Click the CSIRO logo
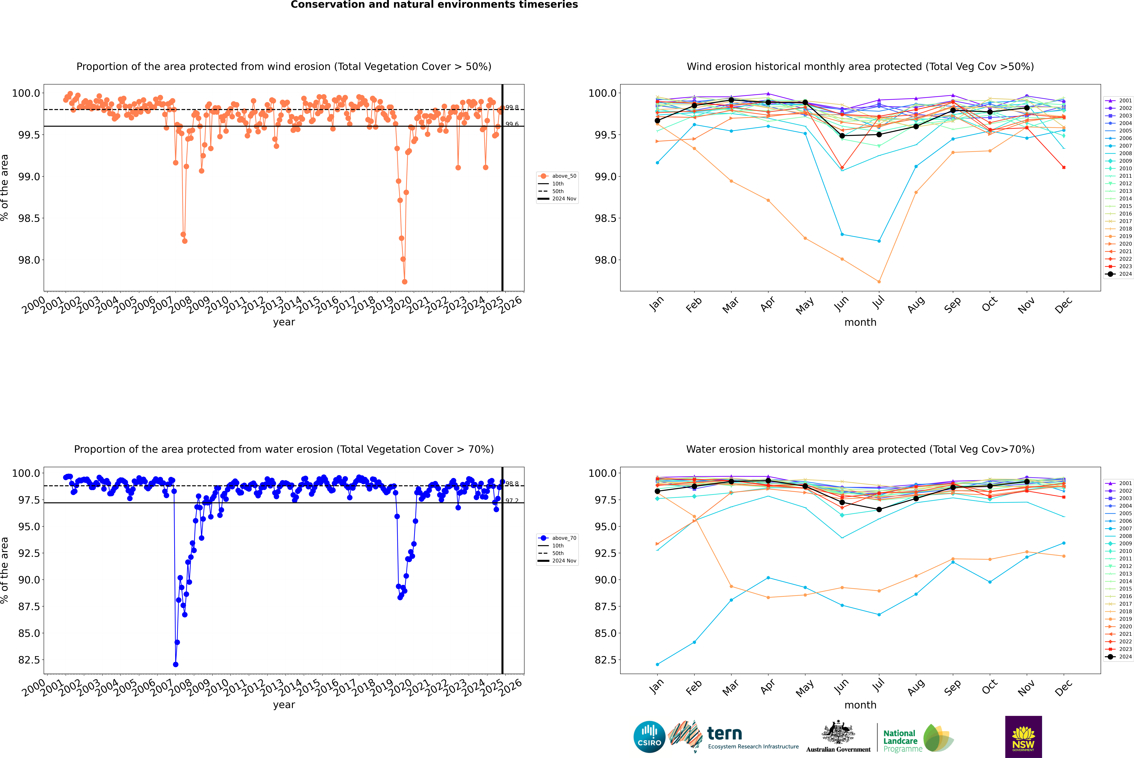tap(649, 737)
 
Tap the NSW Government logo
tap(1023, 737)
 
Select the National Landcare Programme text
tap(900, 741)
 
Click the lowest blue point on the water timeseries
tap(176, 664)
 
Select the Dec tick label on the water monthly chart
tap(1063, 686)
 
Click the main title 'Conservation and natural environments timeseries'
tap(434, 5)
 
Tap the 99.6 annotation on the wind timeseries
tap(512, 124)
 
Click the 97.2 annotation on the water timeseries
tap(512, 501)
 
